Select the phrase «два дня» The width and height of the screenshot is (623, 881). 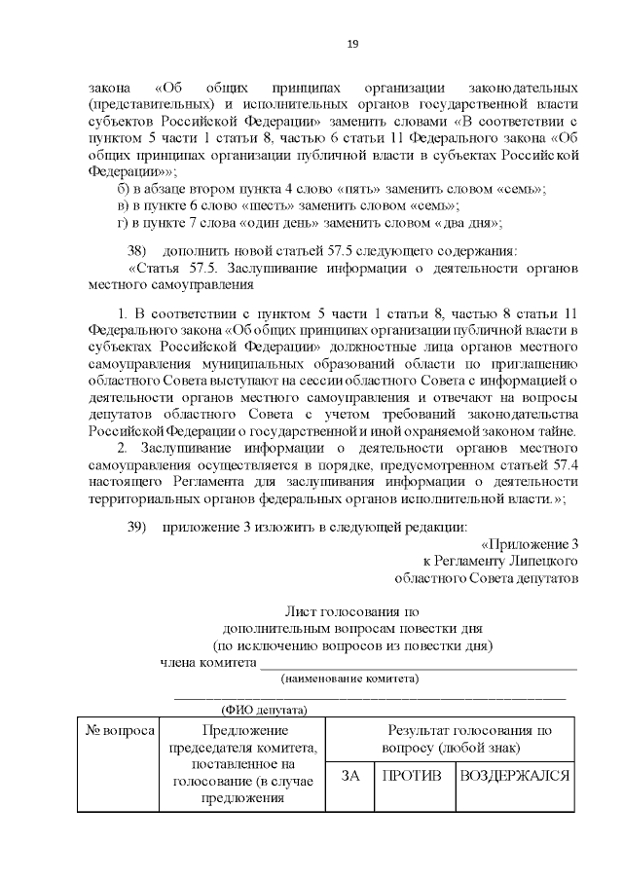click(471, 223)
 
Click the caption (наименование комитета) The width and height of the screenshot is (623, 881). click(349, 679)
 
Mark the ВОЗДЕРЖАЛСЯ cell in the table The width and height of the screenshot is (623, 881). click(515, 777)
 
